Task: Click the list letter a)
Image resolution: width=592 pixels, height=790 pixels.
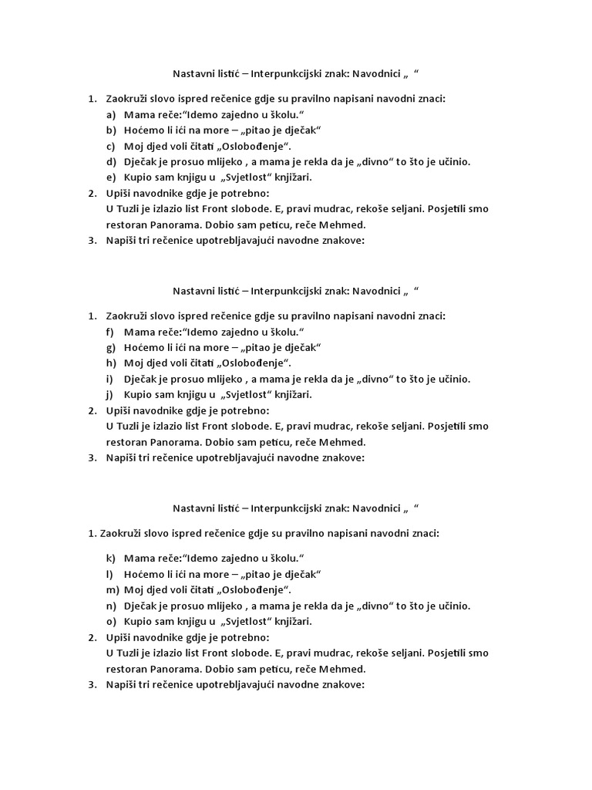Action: tap(111, 115)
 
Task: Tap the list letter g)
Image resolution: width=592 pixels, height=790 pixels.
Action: tap(111, 348)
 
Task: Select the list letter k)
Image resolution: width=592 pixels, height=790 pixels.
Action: tap(111, 559)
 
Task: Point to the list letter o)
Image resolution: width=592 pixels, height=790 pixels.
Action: tap(111, 621)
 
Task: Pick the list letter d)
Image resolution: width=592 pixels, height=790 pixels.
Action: tap(111, 162)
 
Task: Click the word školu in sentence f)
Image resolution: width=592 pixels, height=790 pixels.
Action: tap(285, 333)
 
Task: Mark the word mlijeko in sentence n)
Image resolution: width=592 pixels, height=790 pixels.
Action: tap(212, 606)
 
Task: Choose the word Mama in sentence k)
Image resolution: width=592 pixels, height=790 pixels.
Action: tap(136, 559)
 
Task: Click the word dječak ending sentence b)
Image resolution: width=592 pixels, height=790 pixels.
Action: tap(301, 130)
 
